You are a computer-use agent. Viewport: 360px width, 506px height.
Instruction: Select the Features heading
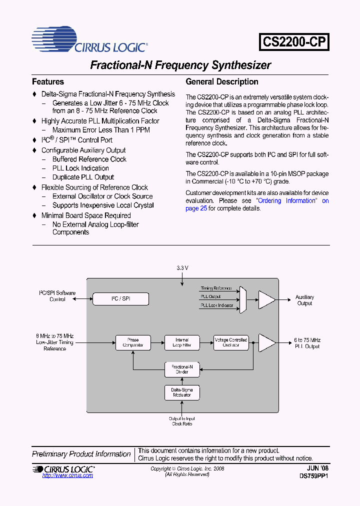pyautogui.click(x=48, y=82)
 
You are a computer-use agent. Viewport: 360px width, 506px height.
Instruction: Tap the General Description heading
pyautogui.click(x=222, y=82)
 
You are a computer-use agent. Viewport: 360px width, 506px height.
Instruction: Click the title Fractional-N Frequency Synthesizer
pyautogui.click(x=180, y=65)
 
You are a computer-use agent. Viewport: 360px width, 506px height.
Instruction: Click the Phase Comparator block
pyautogui.click(x=133, y=342)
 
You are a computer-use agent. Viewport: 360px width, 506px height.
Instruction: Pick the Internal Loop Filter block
pyautogui.click(x=182, y=342)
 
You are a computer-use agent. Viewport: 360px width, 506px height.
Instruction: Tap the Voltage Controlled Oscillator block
pyautogui.click(x=231, y=342)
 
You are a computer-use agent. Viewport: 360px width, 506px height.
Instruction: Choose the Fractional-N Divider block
pyautogui.click(x=182, y=369)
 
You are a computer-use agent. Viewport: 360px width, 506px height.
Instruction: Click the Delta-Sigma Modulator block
pyautogui.click(x=182, y=392)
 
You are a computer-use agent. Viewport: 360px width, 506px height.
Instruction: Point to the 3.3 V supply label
pyautogui.click(x=182, y=268)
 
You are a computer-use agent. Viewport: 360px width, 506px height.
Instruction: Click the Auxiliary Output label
pyautogui.click(x=304, y=300)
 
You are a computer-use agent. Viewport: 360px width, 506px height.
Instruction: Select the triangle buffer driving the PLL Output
pyautogui.click(x=266, y=342)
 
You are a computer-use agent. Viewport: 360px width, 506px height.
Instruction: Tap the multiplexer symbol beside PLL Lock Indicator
pyautogui.click(x=243, y=299)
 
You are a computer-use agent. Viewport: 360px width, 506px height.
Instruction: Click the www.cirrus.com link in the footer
pyautogui.click(x=67, y=475)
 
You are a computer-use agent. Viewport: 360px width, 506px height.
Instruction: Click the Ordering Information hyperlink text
pyautogui.click(x=287, y=200)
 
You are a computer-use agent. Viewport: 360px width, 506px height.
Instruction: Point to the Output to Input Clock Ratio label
pyautogui.click(x=182, y=420)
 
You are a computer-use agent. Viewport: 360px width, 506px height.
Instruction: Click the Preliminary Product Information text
pyautogui.click(x=81, y=454)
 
